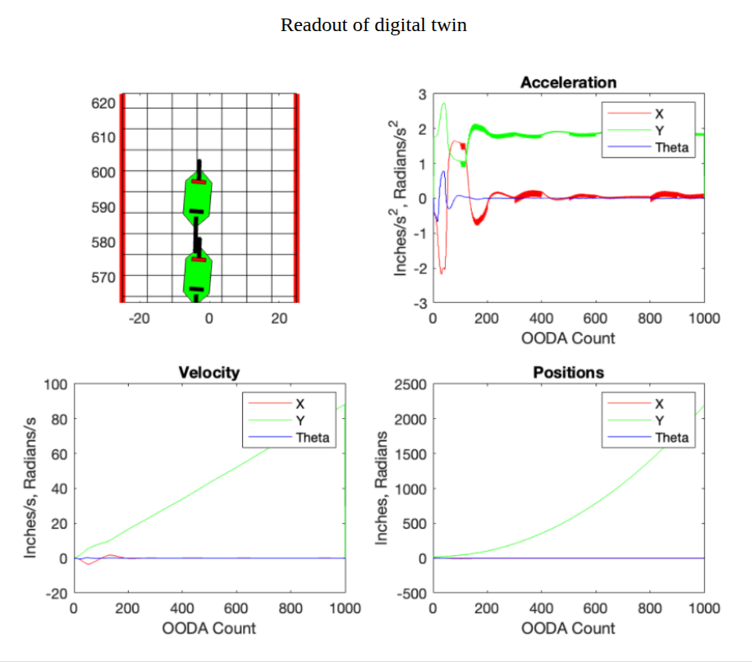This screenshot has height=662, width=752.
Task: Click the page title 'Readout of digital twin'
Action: pyautogui.click(x=373, y=25)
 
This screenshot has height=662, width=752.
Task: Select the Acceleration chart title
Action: pyautogui.click(x=568, y=82)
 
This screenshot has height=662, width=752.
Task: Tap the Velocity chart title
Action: pyautogui.click(x=209, y=373)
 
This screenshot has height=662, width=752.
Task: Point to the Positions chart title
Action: pyautogui.click(x=569, y=373)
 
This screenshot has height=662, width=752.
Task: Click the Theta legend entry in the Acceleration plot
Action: pyautogui.click(x=671, y=147)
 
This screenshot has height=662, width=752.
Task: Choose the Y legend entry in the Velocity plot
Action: pyautogui.click(x=299, y=421)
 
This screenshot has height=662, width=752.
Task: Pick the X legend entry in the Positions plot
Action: pyautogui.click(x=659, y=404)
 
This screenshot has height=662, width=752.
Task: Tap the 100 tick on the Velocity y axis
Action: pyautogui.click(x=56, y=384)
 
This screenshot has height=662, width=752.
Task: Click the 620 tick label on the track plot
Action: pyautogui.click(x=103, y=103)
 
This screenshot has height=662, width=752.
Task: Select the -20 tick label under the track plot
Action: pyautogui.click(x=139, y=318)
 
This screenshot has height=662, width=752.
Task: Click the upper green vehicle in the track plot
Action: pyautogui.click(x=198, y=199)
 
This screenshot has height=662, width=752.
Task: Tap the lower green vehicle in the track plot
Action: pyautogui.click(x=198, y=276)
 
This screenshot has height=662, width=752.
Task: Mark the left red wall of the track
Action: pyautogui.click(x=123, y=198)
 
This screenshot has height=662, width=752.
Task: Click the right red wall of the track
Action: pyautogui.click(x=297, y=198)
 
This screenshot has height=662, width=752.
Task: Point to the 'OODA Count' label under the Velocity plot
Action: pyautogui.click(x=209, y=628)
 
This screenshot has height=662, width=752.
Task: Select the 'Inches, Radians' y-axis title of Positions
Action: pyautogui.click(x=383, y=489)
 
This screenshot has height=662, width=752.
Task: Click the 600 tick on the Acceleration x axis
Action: pyautogui.click(x=596, y=319)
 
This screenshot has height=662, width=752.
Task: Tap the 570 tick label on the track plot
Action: pyautogui.click(x=103, y=277)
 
